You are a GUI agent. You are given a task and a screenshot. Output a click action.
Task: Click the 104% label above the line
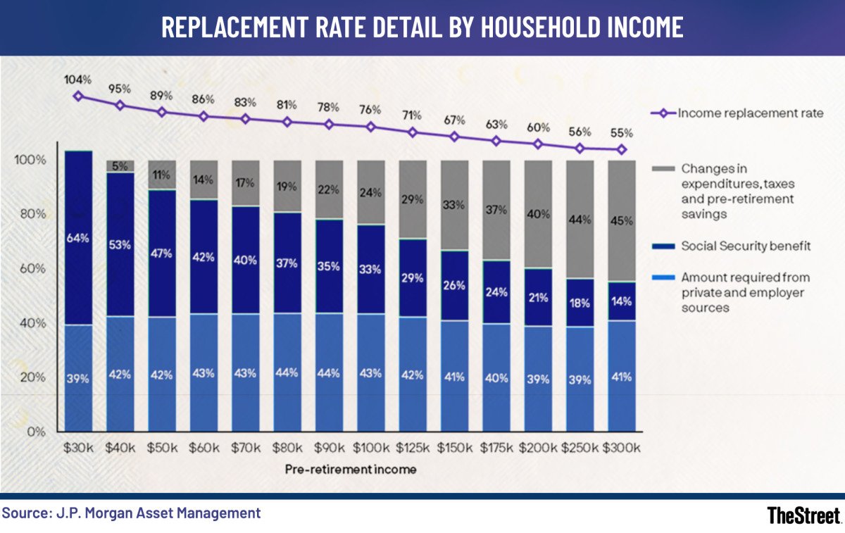pyautogui.click(x=78, y=79)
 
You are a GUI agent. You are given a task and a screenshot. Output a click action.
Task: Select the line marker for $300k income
pyautogui.click(x=621, y=149)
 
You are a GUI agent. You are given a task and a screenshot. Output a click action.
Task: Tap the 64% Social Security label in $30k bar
pyautogui.click(x=78, y=239)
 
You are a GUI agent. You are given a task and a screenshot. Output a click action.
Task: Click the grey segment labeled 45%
pyautogui.click(x=621, y=221)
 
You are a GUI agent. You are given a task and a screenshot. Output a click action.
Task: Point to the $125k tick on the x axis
pyautogui.click(x=413, y=448)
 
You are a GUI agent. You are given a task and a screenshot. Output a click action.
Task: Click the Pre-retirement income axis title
pyautogui.click(x=350, y=468)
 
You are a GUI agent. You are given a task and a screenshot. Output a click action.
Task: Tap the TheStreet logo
pyautogui.click(x=803, y=515)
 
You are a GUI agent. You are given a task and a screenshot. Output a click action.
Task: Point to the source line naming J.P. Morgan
pyautogui.click(x=131, y=513)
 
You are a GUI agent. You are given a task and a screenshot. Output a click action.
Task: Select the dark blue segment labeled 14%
pyautogui.click(x=621, y=301)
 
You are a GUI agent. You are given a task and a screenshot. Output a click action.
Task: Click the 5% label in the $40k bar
pyautogui.click(x=120, y=167)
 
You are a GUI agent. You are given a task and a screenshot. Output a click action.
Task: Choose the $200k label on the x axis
pyautogui.click(x=538, y=448)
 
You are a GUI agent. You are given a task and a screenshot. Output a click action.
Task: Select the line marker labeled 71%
pyautogui.click(x=413, y=132)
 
